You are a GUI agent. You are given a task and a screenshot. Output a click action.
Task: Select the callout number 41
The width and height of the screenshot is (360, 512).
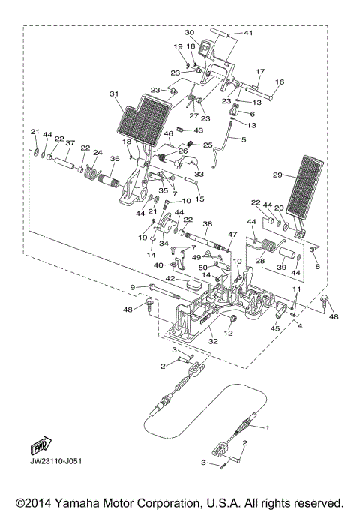(x=248, y=33)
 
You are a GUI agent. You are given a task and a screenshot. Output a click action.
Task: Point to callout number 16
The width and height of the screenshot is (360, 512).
(x=280, y=82)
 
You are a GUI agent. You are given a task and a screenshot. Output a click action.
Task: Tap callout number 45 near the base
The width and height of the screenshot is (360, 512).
(x=275, y=328)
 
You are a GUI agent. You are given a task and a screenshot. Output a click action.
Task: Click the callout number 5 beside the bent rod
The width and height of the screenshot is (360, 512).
(x=243, y=139)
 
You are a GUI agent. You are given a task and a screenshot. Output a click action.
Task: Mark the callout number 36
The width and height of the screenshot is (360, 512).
(x=115, y=158)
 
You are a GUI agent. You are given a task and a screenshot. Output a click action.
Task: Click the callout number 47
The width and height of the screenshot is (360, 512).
(x=232, y=235)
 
